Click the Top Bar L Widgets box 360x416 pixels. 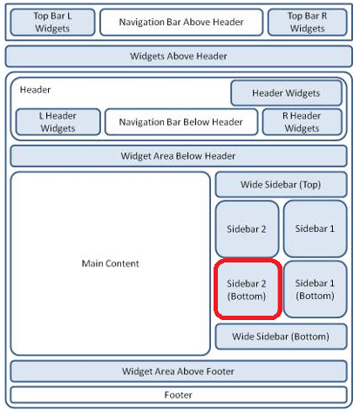tap(52, 22)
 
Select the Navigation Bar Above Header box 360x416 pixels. tap(181, 22)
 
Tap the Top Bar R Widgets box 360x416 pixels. tap(308, 22)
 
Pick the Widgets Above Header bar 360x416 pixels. tap(179, 56)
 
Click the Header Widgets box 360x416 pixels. tap(286, 93)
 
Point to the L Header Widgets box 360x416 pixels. tap(58, 122)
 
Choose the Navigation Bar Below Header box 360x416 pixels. tap(181, 122)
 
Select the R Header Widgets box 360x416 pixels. tap(302, 122)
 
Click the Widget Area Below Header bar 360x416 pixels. tap(179, 156)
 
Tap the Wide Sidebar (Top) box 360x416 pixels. tap(281, 185)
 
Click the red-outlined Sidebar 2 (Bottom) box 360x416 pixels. tap(248, 289)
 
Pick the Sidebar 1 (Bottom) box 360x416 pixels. tap(316, 289)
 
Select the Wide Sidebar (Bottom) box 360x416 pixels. tap(281, 337)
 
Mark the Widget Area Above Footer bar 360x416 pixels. tap(179, 372)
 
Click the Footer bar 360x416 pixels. tap(179, 395)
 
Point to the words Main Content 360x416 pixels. tap(111, 263)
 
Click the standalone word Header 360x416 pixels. tap(35, 90)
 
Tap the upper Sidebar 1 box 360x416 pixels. tap(316, 228)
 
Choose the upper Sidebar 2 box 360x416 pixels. tap(247, 228)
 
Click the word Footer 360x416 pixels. tap(179, 395)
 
